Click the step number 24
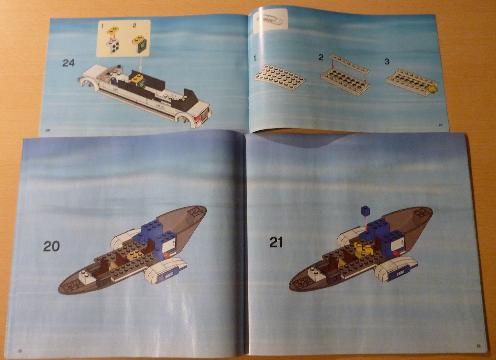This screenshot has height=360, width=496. (68, 63)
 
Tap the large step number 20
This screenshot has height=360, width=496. (52, 246)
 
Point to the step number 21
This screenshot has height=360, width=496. (276, 243)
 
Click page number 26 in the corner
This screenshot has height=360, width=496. (48, 130)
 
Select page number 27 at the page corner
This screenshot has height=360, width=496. (440, 125)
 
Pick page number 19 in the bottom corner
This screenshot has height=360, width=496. (479, 346)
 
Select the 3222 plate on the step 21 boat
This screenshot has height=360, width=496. (400, 273)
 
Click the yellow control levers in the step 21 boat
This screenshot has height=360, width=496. (362, 248)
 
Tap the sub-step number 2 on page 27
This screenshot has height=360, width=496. (321, 57)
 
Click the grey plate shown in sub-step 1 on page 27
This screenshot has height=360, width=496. (280, 76)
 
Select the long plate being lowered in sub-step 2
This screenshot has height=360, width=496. (349, 62)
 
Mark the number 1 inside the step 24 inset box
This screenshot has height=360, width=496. (103, 26)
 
